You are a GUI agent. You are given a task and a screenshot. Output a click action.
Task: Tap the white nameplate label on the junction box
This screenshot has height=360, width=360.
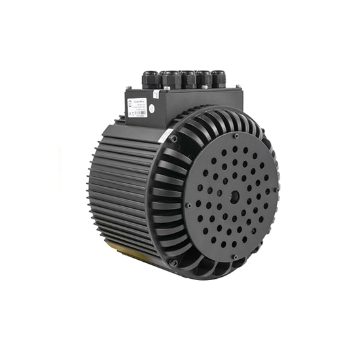coord(137,107)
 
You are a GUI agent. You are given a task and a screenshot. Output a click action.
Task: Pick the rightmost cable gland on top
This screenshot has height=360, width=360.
coord(218,79)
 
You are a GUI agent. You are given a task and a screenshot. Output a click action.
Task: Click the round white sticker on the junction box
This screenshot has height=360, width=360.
coord(151,109)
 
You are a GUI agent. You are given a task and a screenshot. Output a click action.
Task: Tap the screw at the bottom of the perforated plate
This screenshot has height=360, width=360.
coord(234,257)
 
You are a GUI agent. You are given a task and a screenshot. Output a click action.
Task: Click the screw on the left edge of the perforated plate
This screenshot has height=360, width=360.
coord(189,205)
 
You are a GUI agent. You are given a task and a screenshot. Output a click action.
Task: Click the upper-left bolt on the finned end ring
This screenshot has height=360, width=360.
coord(173,138)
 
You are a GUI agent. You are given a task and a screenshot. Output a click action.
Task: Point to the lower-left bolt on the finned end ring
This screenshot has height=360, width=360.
coord(174,262)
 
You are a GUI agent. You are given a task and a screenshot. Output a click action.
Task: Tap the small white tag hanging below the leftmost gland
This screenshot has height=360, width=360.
coord(155,95)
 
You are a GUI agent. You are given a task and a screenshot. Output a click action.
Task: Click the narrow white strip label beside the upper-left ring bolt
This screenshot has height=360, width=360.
coord(166,135)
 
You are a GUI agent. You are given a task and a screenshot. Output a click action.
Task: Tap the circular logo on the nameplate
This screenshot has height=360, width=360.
coord(131,103)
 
